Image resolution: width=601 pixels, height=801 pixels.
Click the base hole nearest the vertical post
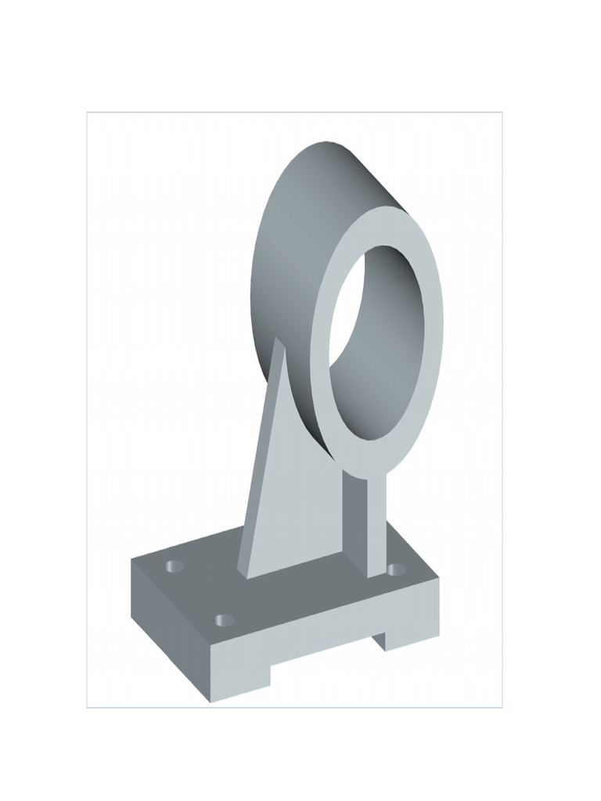(x=396, y=569)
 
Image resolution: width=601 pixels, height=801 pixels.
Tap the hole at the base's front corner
(x=225, y=620)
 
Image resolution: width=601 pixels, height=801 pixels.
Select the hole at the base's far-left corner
(x=175, y=566)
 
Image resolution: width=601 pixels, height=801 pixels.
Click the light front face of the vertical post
(x=376, y=524)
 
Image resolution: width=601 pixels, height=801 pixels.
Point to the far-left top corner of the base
(x=131, y=559)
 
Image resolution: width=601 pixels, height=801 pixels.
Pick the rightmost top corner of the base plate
(x=438, y=578)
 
